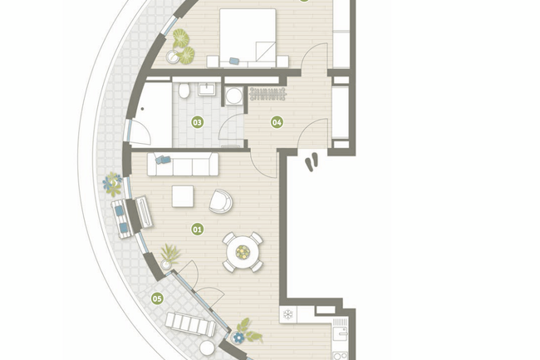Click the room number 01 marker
point(198,229)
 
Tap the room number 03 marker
point(198,122)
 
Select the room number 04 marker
point(277,122)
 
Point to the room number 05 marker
point(157,298)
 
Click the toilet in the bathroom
point(184,90)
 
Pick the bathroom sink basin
point(206,89)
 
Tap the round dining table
point(243,253)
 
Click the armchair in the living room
point(220,201)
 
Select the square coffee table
point(183,196)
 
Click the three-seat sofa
point(183,165)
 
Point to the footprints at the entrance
point(312,162)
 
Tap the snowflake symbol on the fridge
point(287,314)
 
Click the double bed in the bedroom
point(248,38)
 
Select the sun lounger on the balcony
point(190,323)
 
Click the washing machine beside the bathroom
point(234,96)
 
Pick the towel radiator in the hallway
point(268,94)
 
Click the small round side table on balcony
point(207,348)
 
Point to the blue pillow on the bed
point(234,61)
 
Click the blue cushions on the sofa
point(163,160)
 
